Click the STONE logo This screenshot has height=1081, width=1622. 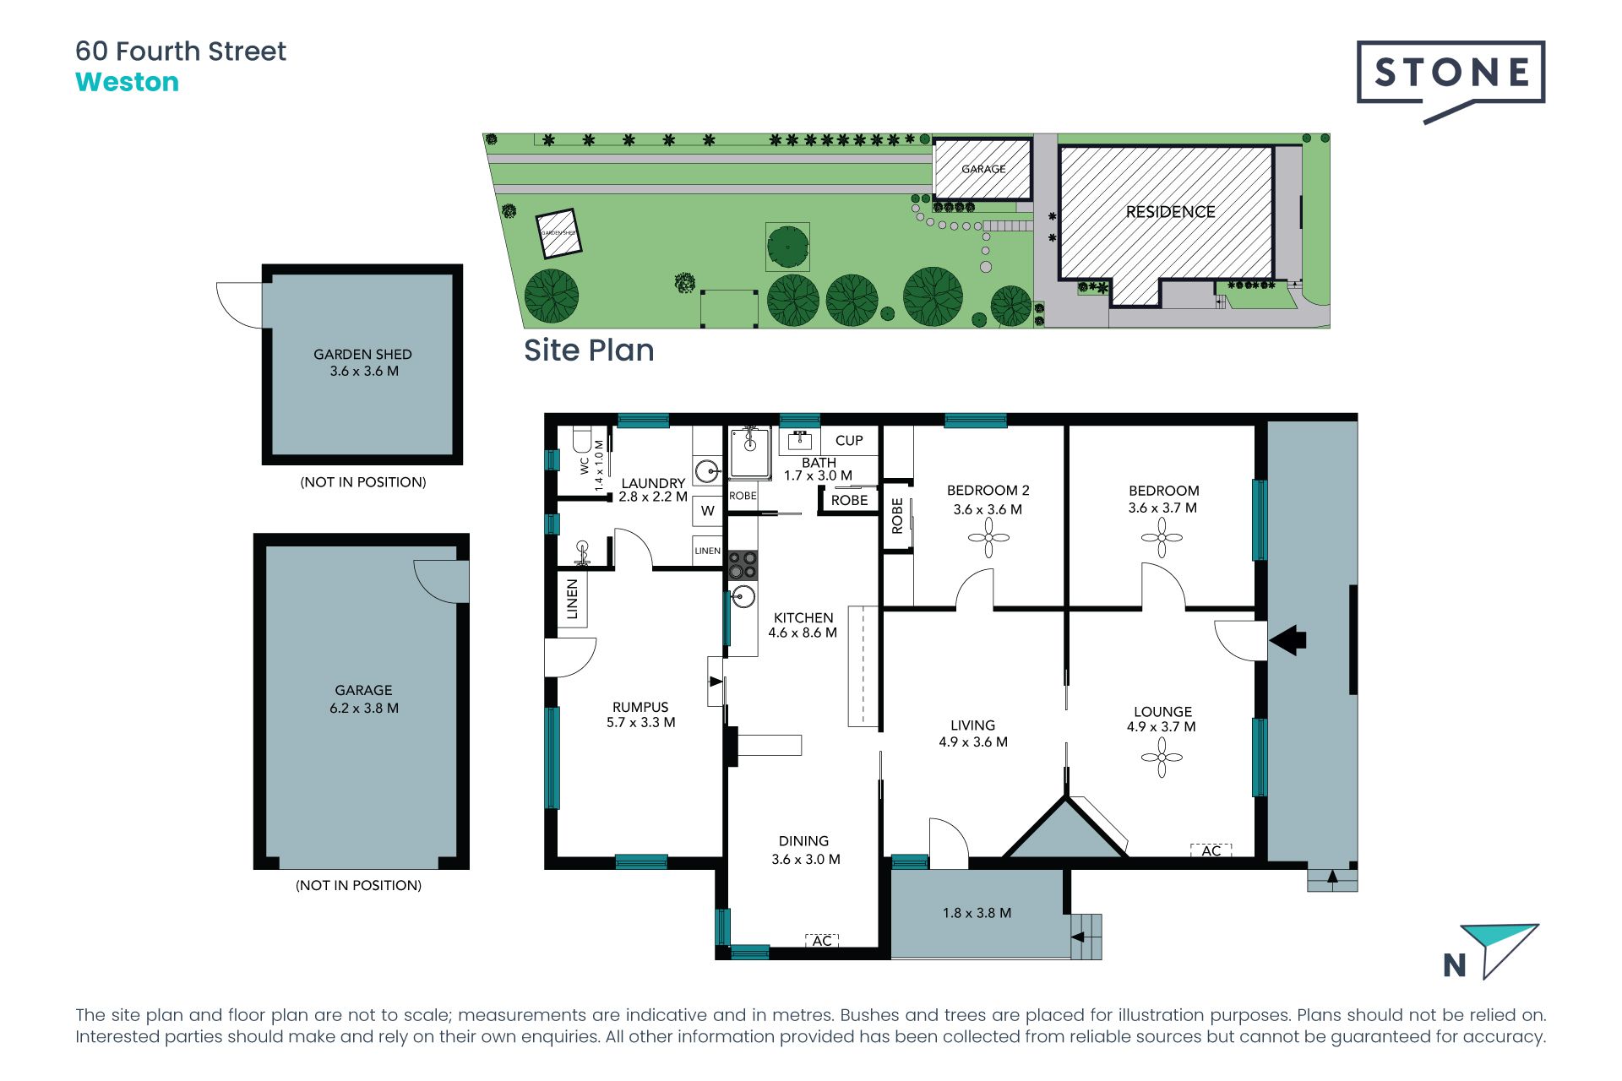tap(1451, 79)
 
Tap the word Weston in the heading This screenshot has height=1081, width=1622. tap(127, 83)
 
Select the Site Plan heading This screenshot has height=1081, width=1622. tap(589, 350)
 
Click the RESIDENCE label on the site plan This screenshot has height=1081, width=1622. tap(1170, 212)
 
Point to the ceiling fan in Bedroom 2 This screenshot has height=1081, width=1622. tap(988, 537)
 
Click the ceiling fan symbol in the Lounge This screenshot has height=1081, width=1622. tap(1162, 758)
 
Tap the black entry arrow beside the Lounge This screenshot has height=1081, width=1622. tap(1287, 639)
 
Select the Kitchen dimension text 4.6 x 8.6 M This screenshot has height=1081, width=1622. tap(803, 633)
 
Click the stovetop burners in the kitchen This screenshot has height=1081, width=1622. tap(743, 565)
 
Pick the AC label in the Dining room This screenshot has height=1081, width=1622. tap(822, 940)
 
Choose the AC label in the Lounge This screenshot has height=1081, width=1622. tap(1211, 850)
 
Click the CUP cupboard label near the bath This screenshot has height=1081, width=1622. tap(849, 441)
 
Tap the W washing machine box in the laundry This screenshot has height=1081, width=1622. tap(708, 511)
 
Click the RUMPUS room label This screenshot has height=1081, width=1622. tap(640, 707)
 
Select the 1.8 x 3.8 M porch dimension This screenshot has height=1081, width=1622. tap(977, 913)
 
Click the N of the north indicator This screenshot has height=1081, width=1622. tap(1455, 965)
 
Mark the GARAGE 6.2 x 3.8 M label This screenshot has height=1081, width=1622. tap(363, 699)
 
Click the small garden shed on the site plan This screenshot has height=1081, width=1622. tap(559, 233)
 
